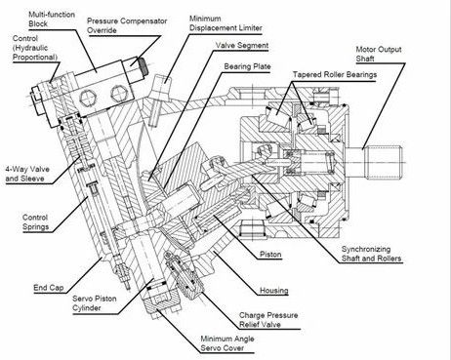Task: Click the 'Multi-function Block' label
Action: pos(52,19)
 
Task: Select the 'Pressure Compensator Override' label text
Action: pos(127,25)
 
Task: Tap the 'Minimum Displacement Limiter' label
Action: pos(225,23)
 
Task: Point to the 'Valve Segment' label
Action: pos(242,45)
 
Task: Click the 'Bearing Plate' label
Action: pos(247,66)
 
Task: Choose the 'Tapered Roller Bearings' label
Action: pos(335,74)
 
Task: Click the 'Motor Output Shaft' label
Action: pos(379,54)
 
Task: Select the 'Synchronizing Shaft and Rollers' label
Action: pos(371,254)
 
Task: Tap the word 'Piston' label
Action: pos(270,255)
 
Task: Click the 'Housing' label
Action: pos(274,290)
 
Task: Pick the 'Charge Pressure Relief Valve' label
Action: pos(268,320)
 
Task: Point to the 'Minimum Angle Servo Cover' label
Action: pos(227,343)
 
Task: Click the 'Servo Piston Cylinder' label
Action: pos(95,303)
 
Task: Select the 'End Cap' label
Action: pos(49,288)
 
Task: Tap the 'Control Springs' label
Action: pos(35,221)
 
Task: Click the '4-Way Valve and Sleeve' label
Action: pos(27,174)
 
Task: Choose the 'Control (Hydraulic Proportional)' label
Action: pos(35,48)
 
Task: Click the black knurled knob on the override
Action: pos(143,66)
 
